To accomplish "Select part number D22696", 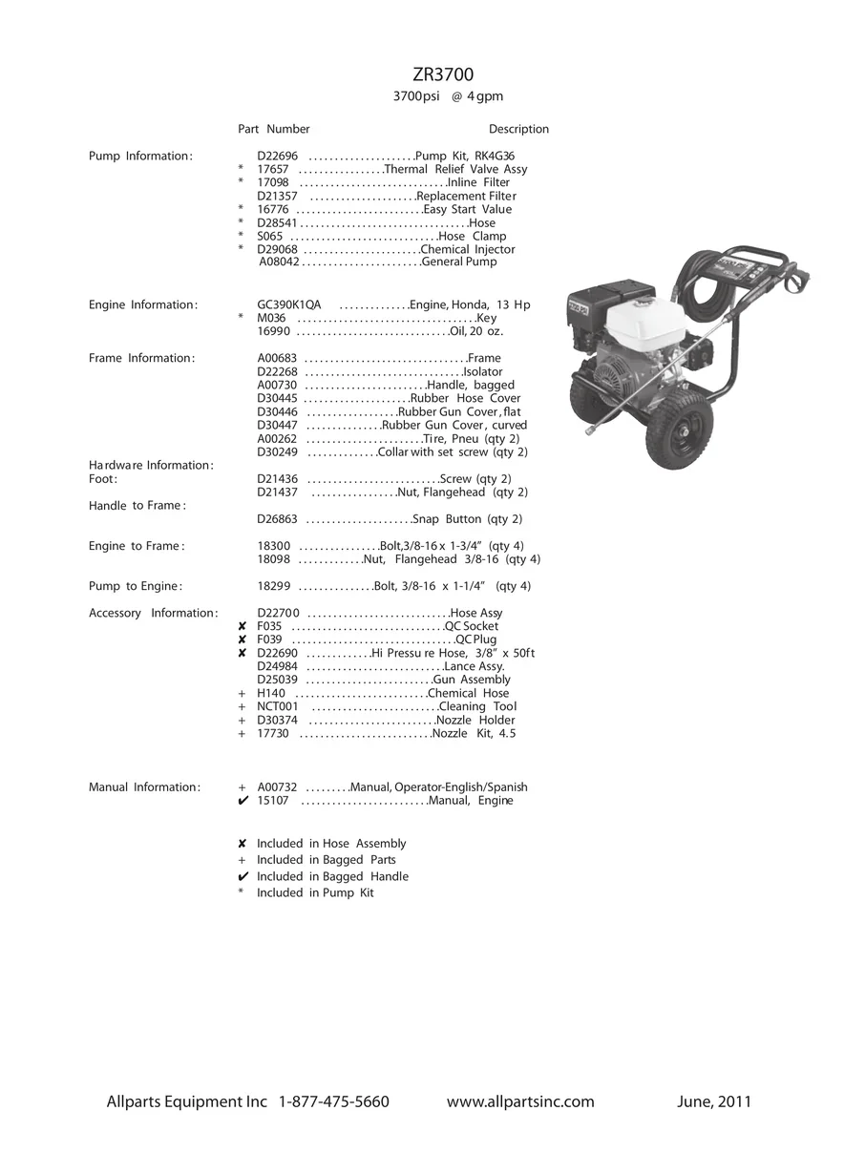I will click(x=278, y=156).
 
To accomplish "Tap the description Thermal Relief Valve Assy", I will click(x=455, y=169).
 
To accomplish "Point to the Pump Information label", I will click(x=140, y=156).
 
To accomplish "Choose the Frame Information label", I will click(x=141, y=358).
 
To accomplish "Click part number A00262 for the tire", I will click(x=278, y=438).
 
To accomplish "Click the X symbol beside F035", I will click(x=243, y=626).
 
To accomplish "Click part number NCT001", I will click(x=278, y=706).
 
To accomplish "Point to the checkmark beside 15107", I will click(x=243, y=801).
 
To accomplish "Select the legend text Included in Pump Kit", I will click(x=315, y=892).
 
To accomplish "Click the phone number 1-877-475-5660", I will click(x=334, y=1101).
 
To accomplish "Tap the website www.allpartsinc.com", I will click(x=520, y=1101).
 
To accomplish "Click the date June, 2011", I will click(x=713, y=1101).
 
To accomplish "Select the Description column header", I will click(x=518, y=129).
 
